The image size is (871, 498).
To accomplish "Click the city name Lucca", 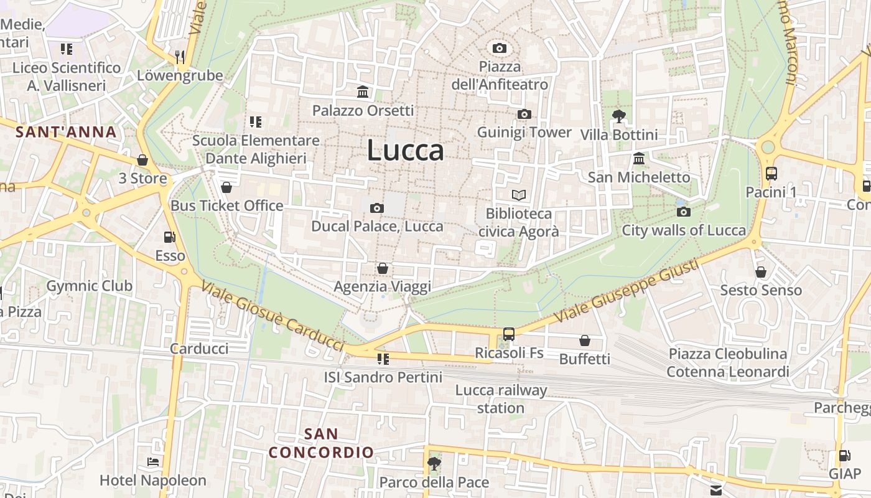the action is [x=406, y=151].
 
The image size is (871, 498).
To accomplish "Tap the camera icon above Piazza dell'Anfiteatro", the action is [x=499, y=48].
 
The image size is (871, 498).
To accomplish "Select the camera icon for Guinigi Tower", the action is [x=524, y=114].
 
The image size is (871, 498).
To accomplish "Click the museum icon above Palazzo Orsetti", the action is [x=363, y=93].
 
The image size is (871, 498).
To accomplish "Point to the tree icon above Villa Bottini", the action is [x=618, y=116].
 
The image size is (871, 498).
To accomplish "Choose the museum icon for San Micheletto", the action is [x=639, y=158].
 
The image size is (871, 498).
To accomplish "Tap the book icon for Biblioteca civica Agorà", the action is [x=518, y=195].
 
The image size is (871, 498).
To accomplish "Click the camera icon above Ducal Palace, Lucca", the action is [x=376, y=208].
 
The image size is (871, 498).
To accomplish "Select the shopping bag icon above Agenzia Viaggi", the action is [x=382, y=268].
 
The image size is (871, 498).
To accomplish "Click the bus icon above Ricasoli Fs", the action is [x=509, y=334].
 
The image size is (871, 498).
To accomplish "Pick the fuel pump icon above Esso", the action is [x=169, y=237].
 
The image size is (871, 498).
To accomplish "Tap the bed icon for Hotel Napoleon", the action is [x=152, y=462].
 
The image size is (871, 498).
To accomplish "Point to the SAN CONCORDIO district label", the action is [x=322, y=443].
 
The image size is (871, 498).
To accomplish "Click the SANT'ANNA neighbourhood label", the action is [x=66, y=132].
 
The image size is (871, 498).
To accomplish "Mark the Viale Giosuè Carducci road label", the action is [x=272, y=316].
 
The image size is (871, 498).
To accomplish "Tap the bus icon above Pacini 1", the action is [x=771, y=174].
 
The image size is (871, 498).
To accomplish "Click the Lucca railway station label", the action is [x=501, y=399].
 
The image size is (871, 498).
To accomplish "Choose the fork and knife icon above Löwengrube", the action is [x=180, y=57].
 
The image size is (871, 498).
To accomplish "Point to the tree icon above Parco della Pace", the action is [x=434, y=464].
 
